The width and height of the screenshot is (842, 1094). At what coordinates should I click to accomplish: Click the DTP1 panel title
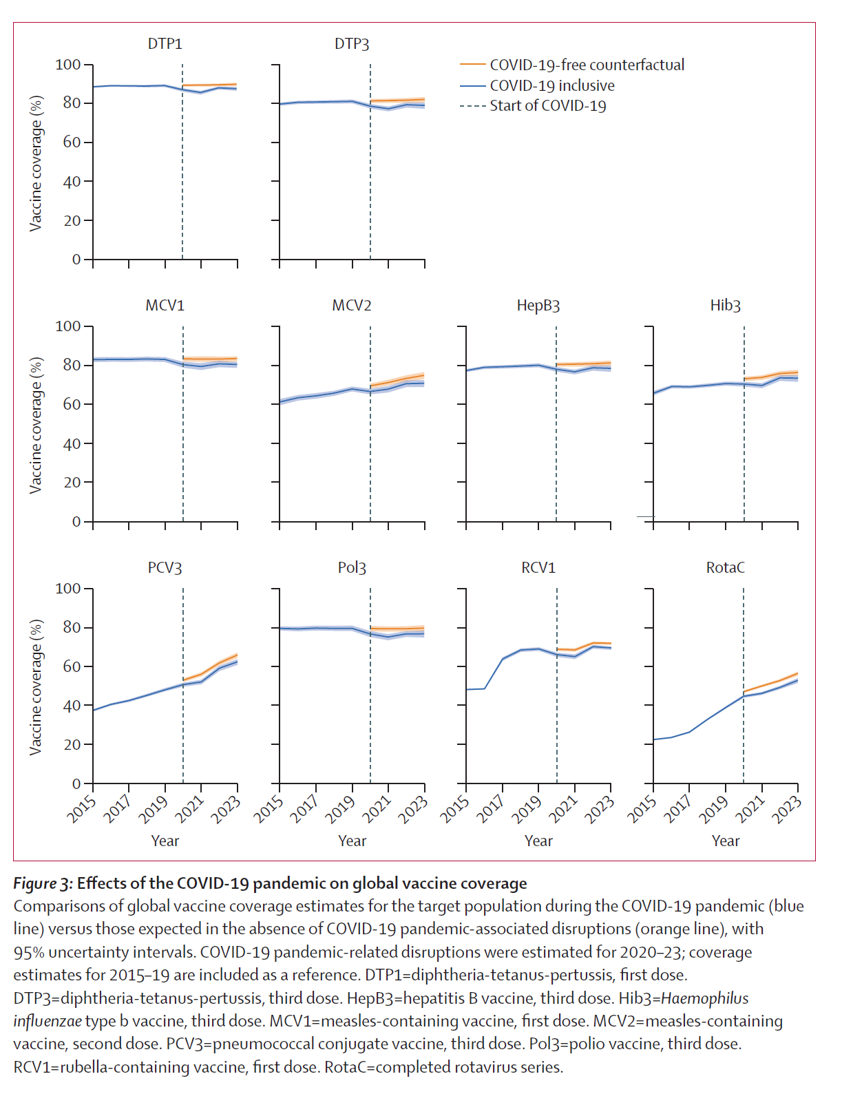tap(165, 44)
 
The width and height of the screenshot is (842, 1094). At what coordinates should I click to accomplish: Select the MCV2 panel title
tap(352, 306)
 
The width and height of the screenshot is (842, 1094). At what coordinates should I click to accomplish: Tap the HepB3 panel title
tap(538, 306)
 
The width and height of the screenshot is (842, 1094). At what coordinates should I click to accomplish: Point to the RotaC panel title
tap(725, 568)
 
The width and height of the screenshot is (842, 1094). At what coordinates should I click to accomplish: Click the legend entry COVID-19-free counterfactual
tap(587, 65)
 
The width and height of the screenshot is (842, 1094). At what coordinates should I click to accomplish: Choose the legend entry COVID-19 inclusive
tap(552, 85)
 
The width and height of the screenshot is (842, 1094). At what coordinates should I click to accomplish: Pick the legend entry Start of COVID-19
tap(548, 106)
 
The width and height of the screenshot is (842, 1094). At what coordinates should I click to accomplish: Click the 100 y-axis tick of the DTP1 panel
tap(68, 65)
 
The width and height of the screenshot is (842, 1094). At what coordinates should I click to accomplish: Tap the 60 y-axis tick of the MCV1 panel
tap(72, 404)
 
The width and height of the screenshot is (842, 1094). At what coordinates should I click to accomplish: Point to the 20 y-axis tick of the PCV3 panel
tap(72, 745)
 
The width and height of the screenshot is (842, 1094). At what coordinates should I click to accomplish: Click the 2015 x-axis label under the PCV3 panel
tap(81, 810)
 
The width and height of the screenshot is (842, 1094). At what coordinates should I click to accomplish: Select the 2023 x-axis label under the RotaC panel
tap(786, 810)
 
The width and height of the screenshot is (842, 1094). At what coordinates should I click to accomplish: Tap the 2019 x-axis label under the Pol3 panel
tap(339, 810)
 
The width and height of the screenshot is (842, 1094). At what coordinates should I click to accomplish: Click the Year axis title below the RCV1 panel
tap(538, 841)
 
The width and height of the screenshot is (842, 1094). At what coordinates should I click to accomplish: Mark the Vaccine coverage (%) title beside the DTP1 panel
tap(36, 163)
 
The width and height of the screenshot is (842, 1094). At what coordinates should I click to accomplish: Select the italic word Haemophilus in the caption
tap(704, 998)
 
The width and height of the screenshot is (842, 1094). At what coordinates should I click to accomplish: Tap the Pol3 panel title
tap(352, 568)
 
